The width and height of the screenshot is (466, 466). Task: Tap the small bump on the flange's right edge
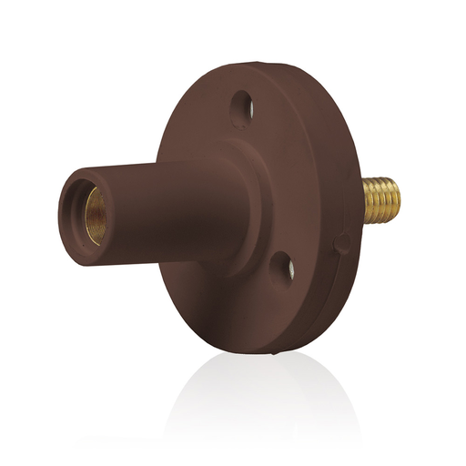[x=343, y=244]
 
